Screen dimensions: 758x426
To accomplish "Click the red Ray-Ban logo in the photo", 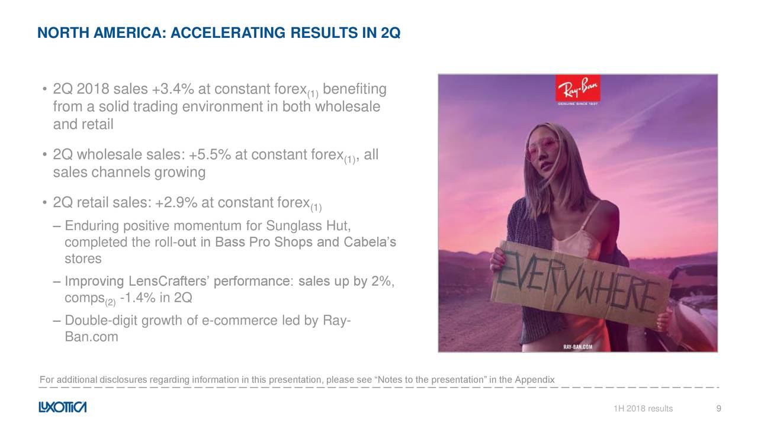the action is [x=577, y=88].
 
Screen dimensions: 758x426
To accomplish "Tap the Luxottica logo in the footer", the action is [x=63, y=407].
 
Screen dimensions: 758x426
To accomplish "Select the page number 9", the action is [x=719, y=408].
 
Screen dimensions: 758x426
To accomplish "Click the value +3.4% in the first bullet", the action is [x=173, y=89].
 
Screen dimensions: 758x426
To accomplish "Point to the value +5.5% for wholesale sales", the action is [x=210, y=154].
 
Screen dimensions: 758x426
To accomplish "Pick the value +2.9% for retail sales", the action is [x=176, y=202].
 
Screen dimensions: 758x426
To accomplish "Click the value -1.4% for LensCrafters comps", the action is [x=138, y=298].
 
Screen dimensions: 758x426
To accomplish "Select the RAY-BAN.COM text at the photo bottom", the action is [x=577, y=347].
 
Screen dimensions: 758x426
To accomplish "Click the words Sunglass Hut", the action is [x=309, y=225].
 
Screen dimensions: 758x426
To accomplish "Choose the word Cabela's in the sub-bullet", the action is [x=370, y=242].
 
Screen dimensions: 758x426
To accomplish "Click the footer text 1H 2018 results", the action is [x=643, y=408].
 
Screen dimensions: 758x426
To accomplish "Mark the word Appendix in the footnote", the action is [x=535, y=380].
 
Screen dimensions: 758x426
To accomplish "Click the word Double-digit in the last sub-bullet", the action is [x=101, y=321].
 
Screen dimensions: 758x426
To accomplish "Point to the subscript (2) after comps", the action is [x=110, y=302].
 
